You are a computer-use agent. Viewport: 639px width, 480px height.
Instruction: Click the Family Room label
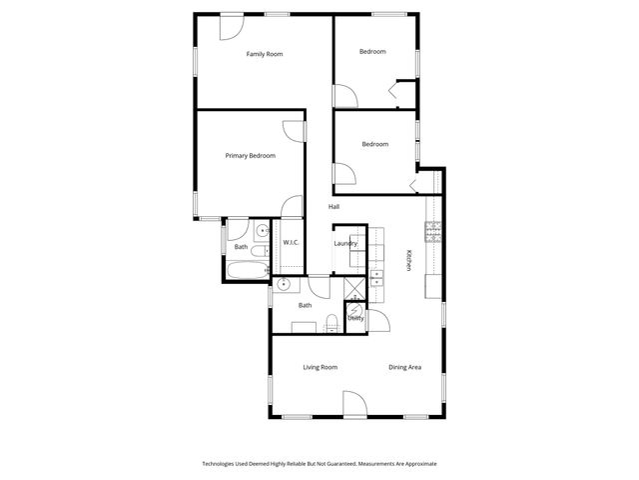[266, 54]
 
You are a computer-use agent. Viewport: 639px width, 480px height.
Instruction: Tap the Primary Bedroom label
[250, 155]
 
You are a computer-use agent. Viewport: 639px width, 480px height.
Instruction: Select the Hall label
[333, 207]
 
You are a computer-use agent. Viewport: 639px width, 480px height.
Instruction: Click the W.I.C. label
[291, 243]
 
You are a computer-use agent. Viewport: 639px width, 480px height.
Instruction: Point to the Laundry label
[345, 243]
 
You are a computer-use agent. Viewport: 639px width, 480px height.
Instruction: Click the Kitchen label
[408, 260]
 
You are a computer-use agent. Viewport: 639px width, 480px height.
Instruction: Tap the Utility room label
[355, 318]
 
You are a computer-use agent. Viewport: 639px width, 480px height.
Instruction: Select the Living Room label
[320, 367]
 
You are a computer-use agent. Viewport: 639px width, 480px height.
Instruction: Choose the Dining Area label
[404, 367]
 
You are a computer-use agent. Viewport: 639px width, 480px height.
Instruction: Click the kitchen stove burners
[433, 233]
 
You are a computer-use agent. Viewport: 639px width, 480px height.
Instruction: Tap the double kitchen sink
[377, 277]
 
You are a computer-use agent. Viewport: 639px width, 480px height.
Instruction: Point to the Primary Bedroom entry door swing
[291, 131]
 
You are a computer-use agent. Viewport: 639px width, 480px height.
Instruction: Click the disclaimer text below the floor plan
[319, 464]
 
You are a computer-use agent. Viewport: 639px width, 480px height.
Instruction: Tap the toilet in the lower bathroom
[330, 321]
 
